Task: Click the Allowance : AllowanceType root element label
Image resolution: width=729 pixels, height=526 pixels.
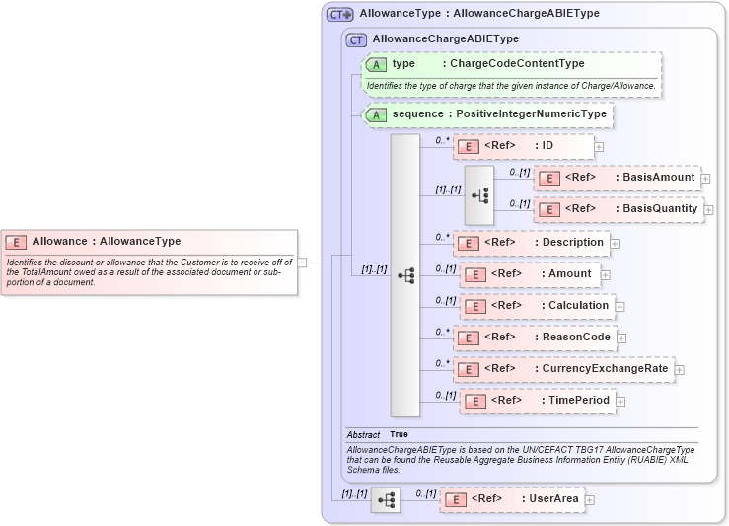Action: tap(106, 241)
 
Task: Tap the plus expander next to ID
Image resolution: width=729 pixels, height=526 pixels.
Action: tap(599, 147)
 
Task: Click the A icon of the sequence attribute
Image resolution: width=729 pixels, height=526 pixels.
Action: tap(376, 114)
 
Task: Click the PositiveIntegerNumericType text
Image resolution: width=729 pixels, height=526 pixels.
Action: tap(531, 114)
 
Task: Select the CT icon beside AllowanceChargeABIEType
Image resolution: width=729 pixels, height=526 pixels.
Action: tap(357, 39)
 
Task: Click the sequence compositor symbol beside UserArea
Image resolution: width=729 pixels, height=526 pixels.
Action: tap(386, 500)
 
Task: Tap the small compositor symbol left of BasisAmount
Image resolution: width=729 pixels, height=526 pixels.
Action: tap(480, 195)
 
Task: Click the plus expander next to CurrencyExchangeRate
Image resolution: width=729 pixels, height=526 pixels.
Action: tap(680, 369)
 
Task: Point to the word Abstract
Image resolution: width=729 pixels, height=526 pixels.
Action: tap(363, 434)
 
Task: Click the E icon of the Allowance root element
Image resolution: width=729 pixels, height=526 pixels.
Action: tap(16, 241)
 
